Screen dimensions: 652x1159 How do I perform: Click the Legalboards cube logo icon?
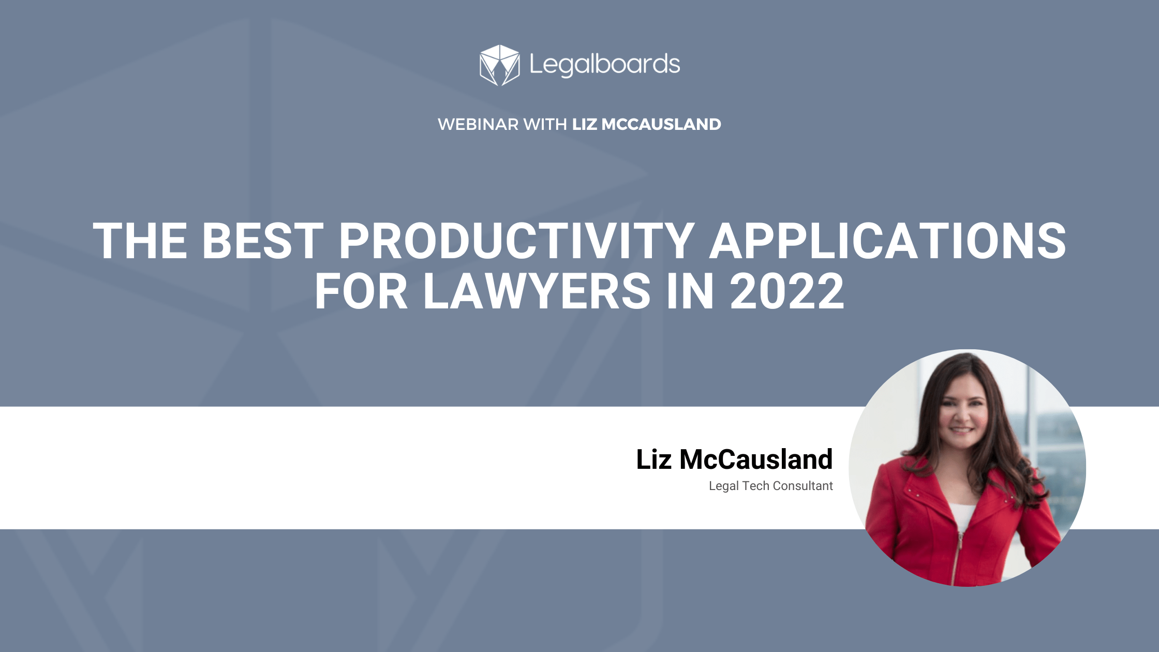(499, 65)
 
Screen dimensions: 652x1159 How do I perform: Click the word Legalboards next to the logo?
(604, 65)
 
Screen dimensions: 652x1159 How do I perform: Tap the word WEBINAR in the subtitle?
(478, 124)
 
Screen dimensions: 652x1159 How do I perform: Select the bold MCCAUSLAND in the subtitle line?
(661, 124)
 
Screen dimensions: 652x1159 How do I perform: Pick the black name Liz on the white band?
(653, 460)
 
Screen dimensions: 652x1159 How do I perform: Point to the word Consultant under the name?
(803, 486)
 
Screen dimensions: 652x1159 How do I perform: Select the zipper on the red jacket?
(958, 554)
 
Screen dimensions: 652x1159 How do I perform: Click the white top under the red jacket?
(961, 515)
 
